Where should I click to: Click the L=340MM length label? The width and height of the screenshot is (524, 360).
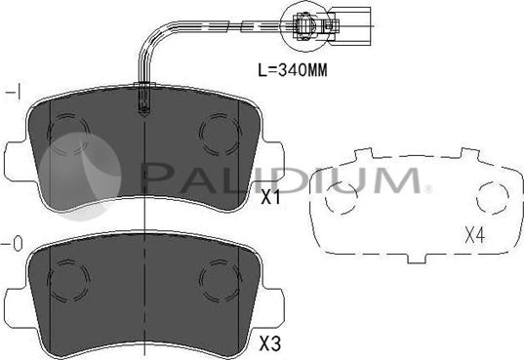point(293,70)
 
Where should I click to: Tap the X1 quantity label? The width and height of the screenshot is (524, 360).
point(270,197)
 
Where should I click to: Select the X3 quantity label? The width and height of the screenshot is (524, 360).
point(270,343)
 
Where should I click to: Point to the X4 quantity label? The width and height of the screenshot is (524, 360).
point(475,235)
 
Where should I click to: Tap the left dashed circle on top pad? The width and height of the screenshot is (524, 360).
point(69,134)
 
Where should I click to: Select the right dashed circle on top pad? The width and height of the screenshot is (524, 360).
point(221,134)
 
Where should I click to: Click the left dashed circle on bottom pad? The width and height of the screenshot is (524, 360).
point(68,279)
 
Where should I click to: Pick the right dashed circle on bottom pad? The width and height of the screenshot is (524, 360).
point(221,279)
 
